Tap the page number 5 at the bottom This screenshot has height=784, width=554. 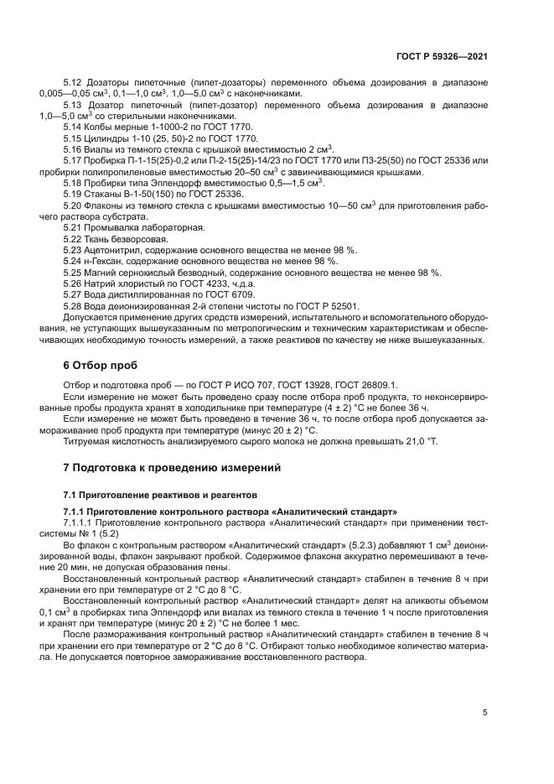point(485,713)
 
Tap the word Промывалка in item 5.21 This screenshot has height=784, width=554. point(111,228)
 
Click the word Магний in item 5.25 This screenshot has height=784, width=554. point(100,273)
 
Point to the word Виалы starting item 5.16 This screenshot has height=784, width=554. point(99,148)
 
